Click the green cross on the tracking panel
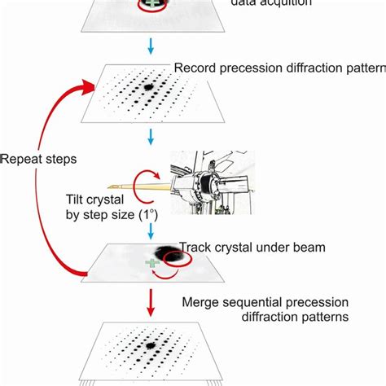(151, 263)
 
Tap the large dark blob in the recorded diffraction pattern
(150, 86)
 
